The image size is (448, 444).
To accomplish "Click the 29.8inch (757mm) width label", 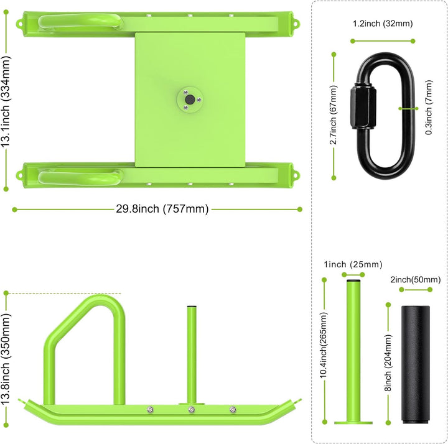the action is coord(162,209).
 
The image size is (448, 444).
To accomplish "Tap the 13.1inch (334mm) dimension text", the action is coord(6,101).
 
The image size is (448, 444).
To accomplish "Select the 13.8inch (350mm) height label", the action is coord(6,359).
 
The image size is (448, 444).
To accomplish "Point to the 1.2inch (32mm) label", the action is coord(383,24).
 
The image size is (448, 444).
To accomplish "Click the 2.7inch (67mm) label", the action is coord(334,114).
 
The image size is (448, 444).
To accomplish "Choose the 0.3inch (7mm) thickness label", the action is coord(429,107).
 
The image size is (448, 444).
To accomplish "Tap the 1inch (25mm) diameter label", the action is coord(353,264).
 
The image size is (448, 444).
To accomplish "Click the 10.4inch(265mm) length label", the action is coord(323,345).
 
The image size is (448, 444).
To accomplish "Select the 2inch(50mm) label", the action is coord(416,280).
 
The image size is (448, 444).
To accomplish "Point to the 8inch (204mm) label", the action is coord(388,363).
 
